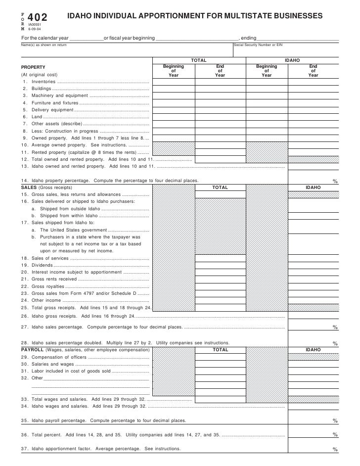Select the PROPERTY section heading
[33, 67]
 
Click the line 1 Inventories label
[44, 82]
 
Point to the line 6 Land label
[37, 117]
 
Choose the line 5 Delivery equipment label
[52, 110]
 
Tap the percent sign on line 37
[335, 450]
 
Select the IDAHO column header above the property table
[292, 60]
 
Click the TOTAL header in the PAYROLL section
[220, 350]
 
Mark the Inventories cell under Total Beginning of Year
[174, 82]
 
